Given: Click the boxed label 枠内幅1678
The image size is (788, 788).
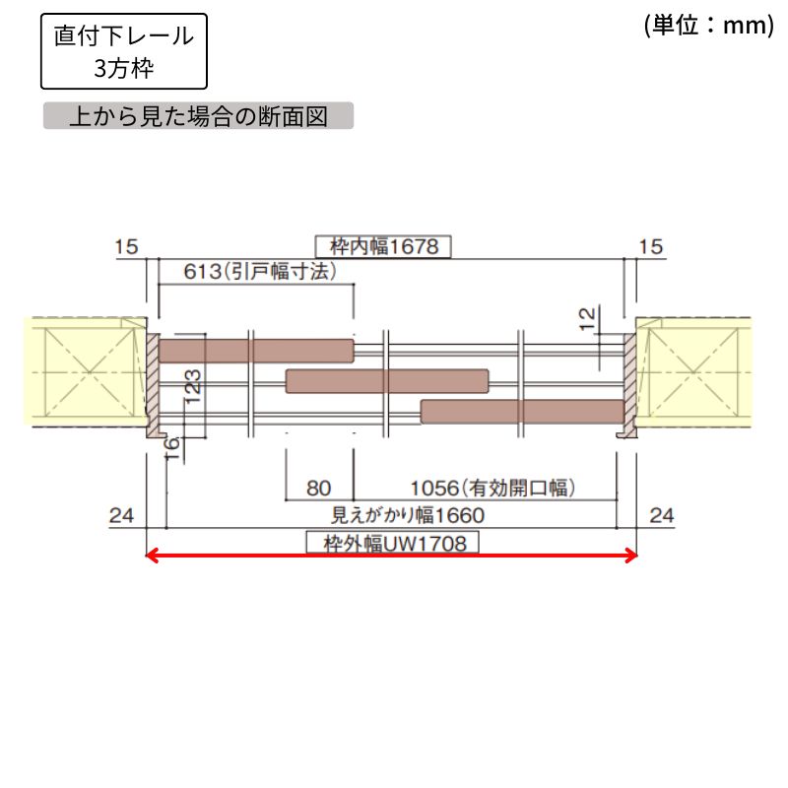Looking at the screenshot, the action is (383, 247).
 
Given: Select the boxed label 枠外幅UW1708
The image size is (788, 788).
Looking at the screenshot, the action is (392, 544).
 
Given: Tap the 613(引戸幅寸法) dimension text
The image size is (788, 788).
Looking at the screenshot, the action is (260, 272).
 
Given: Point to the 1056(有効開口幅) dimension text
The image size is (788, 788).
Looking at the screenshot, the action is (492, 488).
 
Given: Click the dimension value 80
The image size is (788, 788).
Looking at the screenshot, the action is (318, 489).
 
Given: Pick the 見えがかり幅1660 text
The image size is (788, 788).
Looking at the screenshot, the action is (408, 515).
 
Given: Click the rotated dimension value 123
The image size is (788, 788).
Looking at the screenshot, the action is (193, 387).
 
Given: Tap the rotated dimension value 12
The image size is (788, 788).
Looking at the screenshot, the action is (587, 318).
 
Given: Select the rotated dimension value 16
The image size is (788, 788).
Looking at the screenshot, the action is (172, 449).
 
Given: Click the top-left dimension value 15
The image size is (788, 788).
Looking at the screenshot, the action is (126, 247).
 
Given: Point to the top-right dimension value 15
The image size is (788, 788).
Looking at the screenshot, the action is (651, 247).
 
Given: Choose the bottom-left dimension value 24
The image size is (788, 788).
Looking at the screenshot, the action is (121, 515).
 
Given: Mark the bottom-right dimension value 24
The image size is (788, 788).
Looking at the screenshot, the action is (661, 515).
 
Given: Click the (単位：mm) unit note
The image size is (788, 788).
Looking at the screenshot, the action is (709, 26).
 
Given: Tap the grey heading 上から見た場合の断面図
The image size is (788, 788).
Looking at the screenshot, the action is (199, 116).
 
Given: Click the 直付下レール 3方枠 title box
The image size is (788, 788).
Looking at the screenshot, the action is (124, 51).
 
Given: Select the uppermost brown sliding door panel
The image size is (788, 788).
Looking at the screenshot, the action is (256, 351).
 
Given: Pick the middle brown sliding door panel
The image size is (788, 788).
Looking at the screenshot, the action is (387, 381).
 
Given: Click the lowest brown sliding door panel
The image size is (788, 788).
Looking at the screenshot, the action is (522, 412).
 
